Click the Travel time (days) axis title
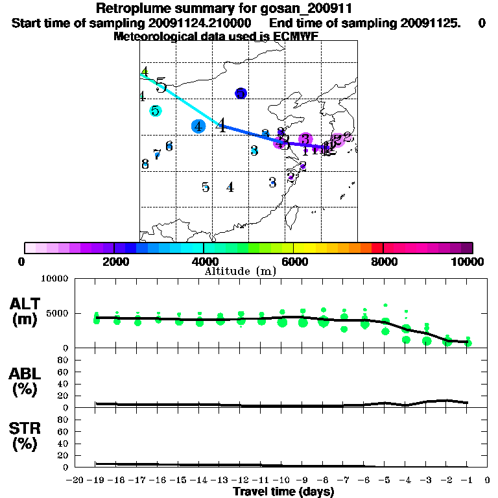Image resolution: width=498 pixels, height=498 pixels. click(283, 492)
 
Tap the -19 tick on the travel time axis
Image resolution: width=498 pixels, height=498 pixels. click(96, 480)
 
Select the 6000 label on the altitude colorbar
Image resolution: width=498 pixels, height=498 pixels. click(294, 261)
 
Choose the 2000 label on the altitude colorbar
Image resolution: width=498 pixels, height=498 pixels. click(113, 261)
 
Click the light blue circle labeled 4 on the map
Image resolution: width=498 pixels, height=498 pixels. click(198, 126)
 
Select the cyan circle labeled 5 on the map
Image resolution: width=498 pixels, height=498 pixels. click(155, 111)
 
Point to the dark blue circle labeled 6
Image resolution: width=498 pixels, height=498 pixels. click(241, 93)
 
